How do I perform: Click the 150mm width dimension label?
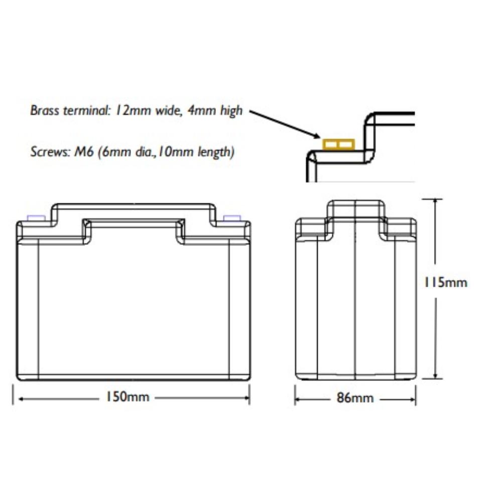[x=127, y=397]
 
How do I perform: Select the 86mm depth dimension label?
[x=355, y=399]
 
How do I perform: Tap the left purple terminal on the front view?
[x=36, y=218]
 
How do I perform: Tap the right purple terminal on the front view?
[x=231, y=218]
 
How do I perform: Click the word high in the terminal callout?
[x=231, y=110]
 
